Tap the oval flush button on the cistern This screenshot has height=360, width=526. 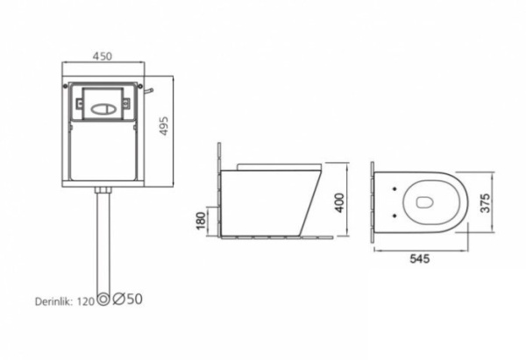[x=103, y=109]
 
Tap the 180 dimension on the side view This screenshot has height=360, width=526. [x=200, y=222]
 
